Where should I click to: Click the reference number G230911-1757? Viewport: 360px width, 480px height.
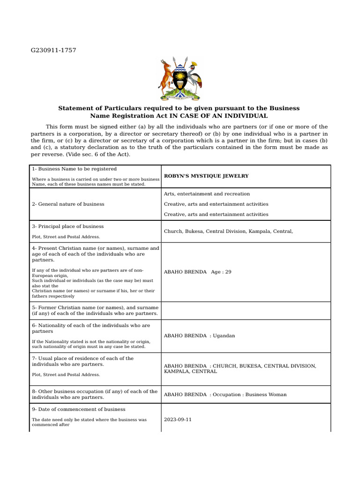(x=53, y=50)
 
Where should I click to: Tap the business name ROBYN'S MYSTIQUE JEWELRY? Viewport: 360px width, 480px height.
(x=206, y=176)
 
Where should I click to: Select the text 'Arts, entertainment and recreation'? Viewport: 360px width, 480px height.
(x=207, y=194)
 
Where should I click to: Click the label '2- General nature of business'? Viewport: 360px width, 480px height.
(x=68, y=204)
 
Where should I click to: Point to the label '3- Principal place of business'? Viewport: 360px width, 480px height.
(x=67, y=226)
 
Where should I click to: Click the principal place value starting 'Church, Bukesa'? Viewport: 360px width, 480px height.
(x=228, y=231)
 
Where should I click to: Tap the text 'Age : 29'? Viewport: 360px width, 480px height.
(x=221, y=272)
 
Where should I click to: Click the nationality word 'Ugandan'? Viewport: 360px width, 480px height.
(x=224, y=336)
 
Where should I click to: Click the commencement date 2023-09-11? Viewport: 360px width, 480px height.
(x=178, y=420)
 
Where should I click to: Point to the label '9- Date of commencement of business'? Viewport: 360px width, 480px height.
(x=78, y=409)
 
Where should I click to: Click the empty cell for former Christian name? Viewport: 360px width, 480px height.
(x=246, y=310)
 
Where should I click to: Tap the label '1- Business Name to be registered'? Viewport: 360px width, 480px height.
(x=74, y=169)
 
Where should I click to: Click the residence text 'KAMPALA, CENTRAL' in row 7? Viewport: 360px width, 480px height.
(x=190, y=371)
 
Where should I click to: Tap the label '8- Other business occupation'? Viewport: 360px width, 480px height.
(x=94, y=391)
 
